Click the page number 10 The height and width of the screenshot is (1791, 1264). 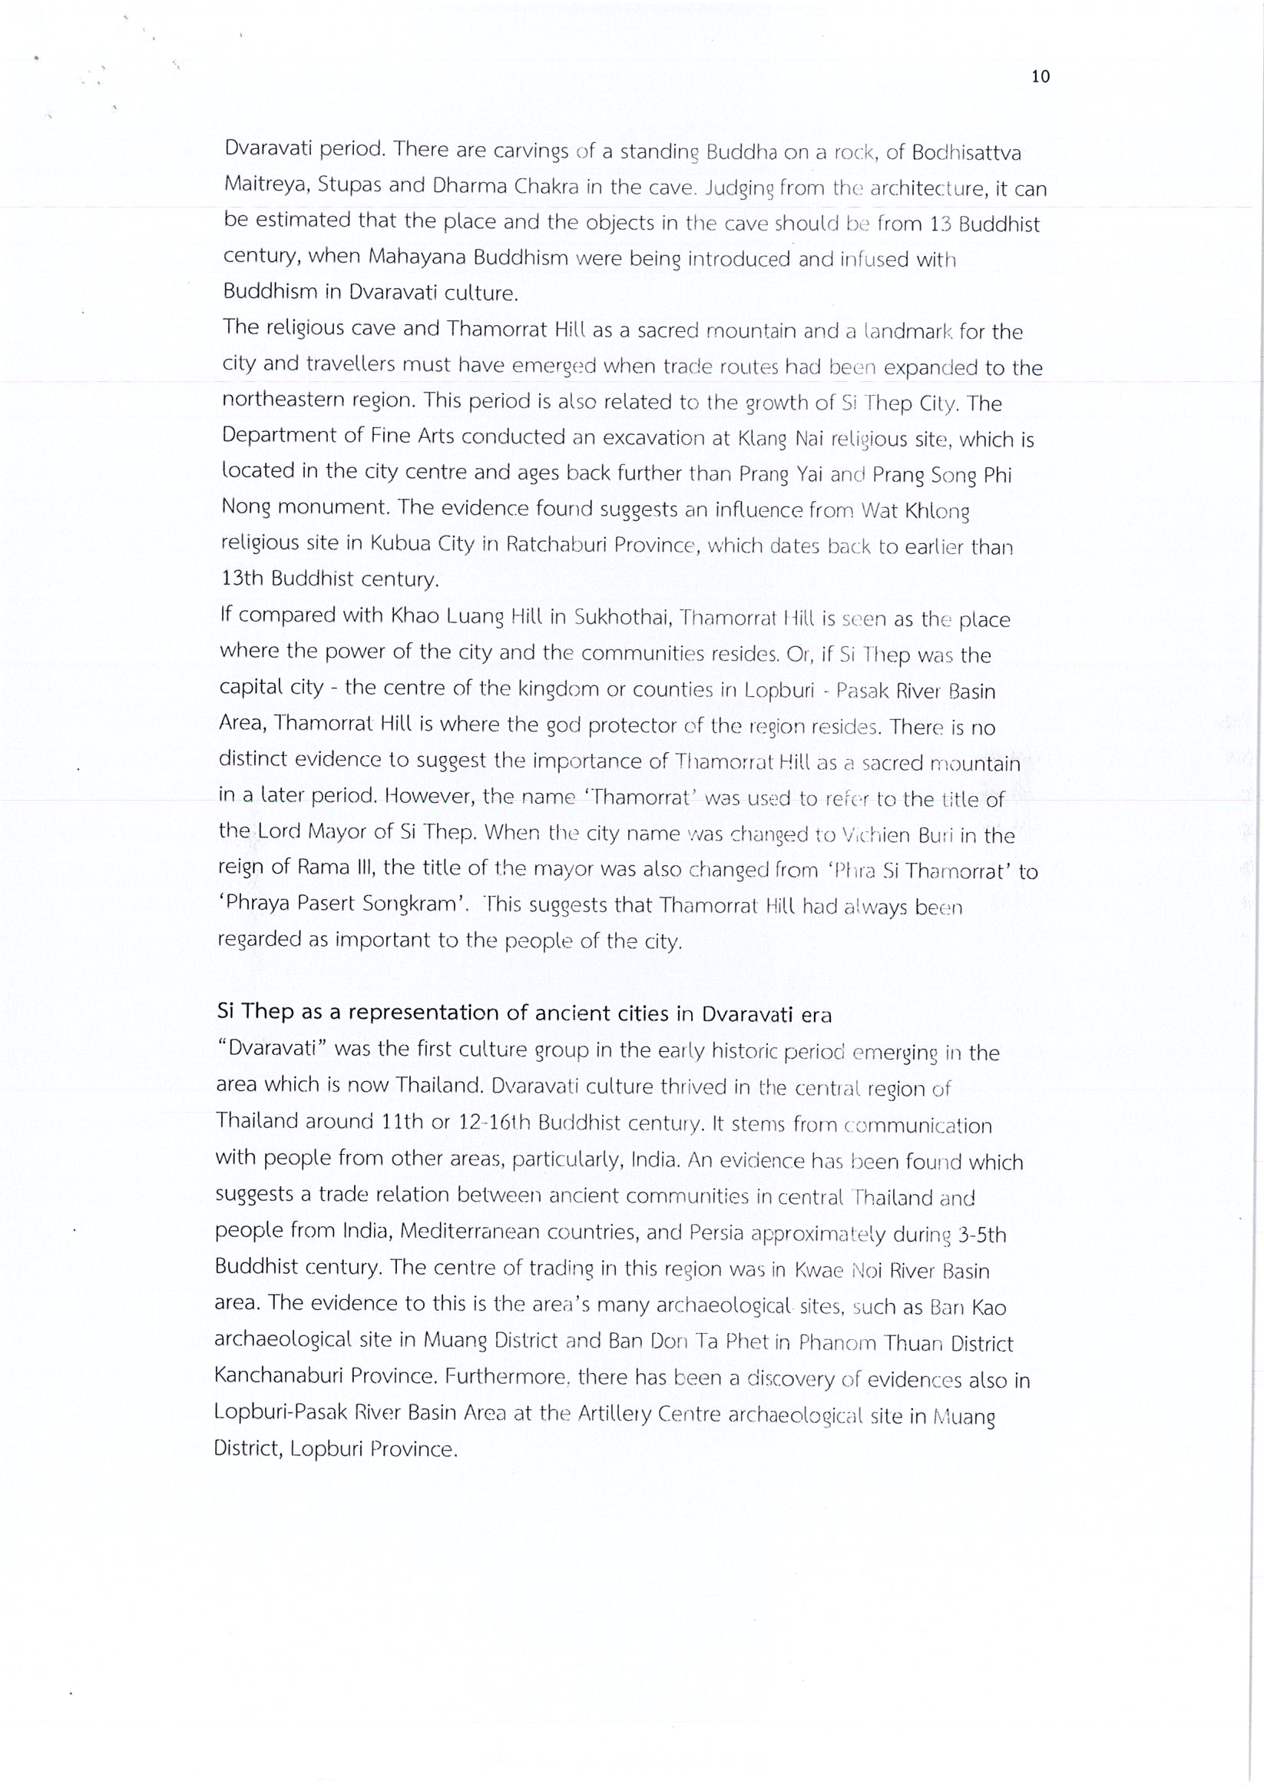[x=1041, y=76]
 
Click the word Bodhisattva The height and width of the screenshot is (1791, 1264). [x=962, y=153]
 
